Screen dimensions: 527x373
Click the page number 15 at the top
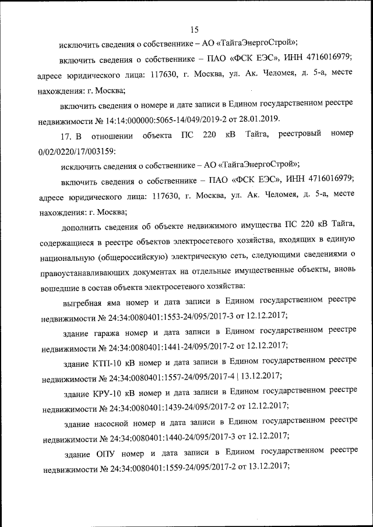click(195, 30)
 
